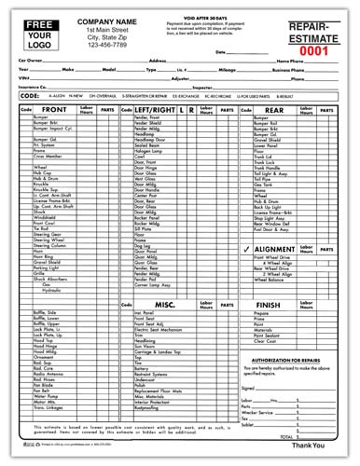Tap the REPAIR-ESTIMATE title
click(x=318, y=34)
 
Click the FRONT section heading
click(x=54, y=136)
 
